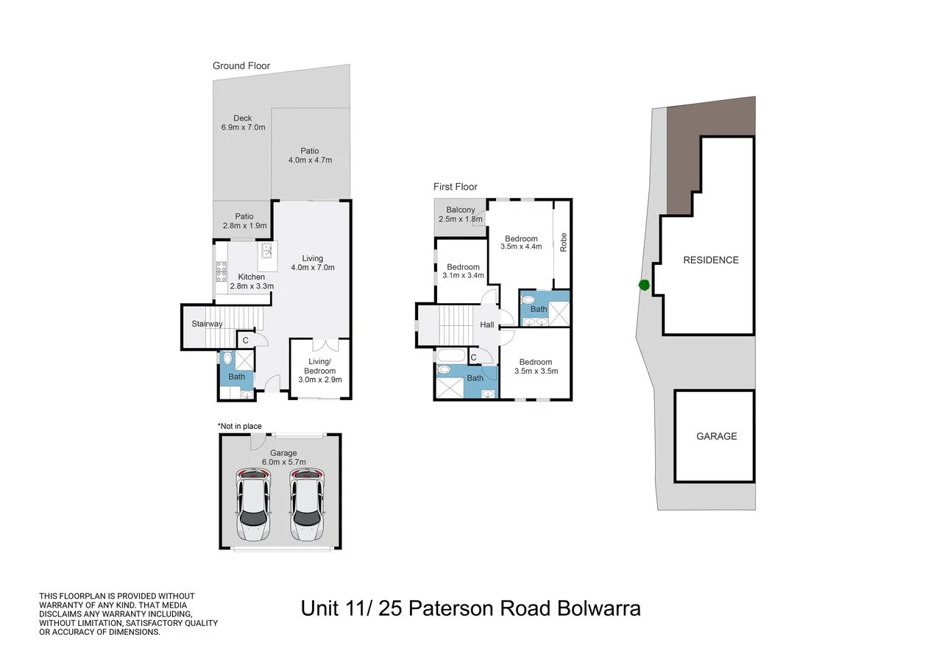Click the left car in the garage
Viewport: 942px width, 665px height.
click(252, 506)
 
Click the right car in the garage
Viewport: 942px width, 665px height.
click(307, 506)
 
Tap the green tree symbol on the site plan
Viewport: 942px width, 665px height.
click(644, 285)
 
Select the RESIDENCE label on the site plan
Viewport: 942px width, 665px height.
click(710, 260)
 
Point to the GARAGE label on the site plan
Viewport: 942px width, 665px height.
click(716, 436)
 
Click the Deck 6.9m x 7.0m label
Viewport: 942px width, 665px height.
click(243, 123)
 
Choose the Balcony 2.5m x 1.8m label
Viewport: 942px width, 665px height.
click(459, 215)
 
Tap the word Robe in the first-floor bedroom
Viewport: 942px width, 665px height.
click(564, 243)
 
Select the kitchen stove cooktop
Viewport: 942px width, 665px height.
click(221, 273)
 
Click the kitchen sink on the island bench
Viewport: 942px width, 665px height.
click(267, 252)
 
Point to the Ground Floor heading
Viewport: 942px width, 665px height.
click(241, 65)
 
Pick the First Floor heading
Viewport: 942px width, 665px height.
click(455, 187)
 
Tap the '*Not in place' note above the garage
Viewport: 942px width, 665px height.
click(239, 426)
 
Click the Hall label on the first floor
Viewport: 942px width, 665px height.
click(487, 324)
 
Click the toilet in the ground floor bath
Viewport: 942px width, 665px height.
click(227, 359)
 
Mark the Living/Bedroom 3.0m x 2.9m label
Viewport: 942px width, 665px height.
click(320, 375)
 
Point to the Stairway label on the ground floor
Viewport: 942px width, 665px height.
click(207, 324)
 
